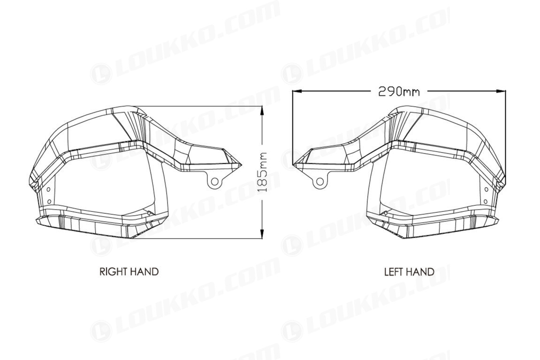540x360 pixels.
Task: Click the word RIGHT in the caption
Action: [x=113, y=271]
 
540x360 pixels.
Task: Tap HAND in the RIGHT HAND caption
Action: [x=144, y=271]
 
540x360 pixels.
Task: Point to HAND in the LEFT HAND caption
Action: [x=420, y=272]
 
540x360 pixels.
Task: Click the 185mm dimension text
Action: [x=262, y=172]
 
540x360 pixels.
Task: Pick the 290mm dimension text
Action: [x=399, y=91]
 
